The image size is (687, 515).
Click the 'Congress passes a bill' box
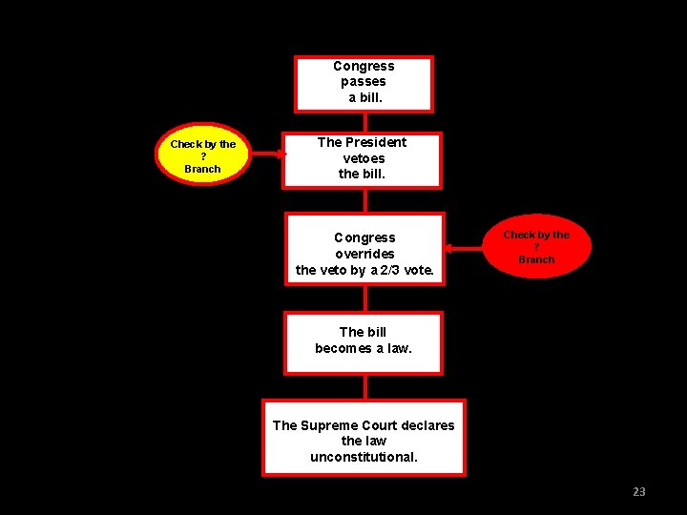point(364,83)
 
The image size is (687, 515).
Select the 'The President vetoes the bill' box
point(362,159)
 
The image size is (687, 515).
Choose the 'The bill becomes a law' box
point(364,341)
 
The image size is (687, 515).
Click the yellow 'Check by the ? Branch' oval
point(203,155)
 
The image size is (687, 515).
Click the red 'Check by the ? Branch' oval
point(536,247)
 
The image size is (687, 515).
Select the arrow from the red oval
point(467,248)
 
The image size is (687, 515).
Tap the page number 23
point(638,491)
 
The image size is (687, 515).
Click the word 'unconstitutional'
point(364,457)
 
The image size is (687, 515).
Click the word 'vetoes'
point(364,158)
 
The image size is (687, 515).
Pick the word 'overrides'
point(364,254)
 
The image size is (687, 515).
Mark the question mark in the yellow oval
point(203,156)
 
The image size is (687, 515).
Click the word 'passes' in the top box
point(364,82)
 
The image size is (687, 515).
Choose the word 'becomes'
point(343,348)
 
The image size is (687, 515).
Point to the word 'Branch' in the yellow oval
point(202,169)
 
